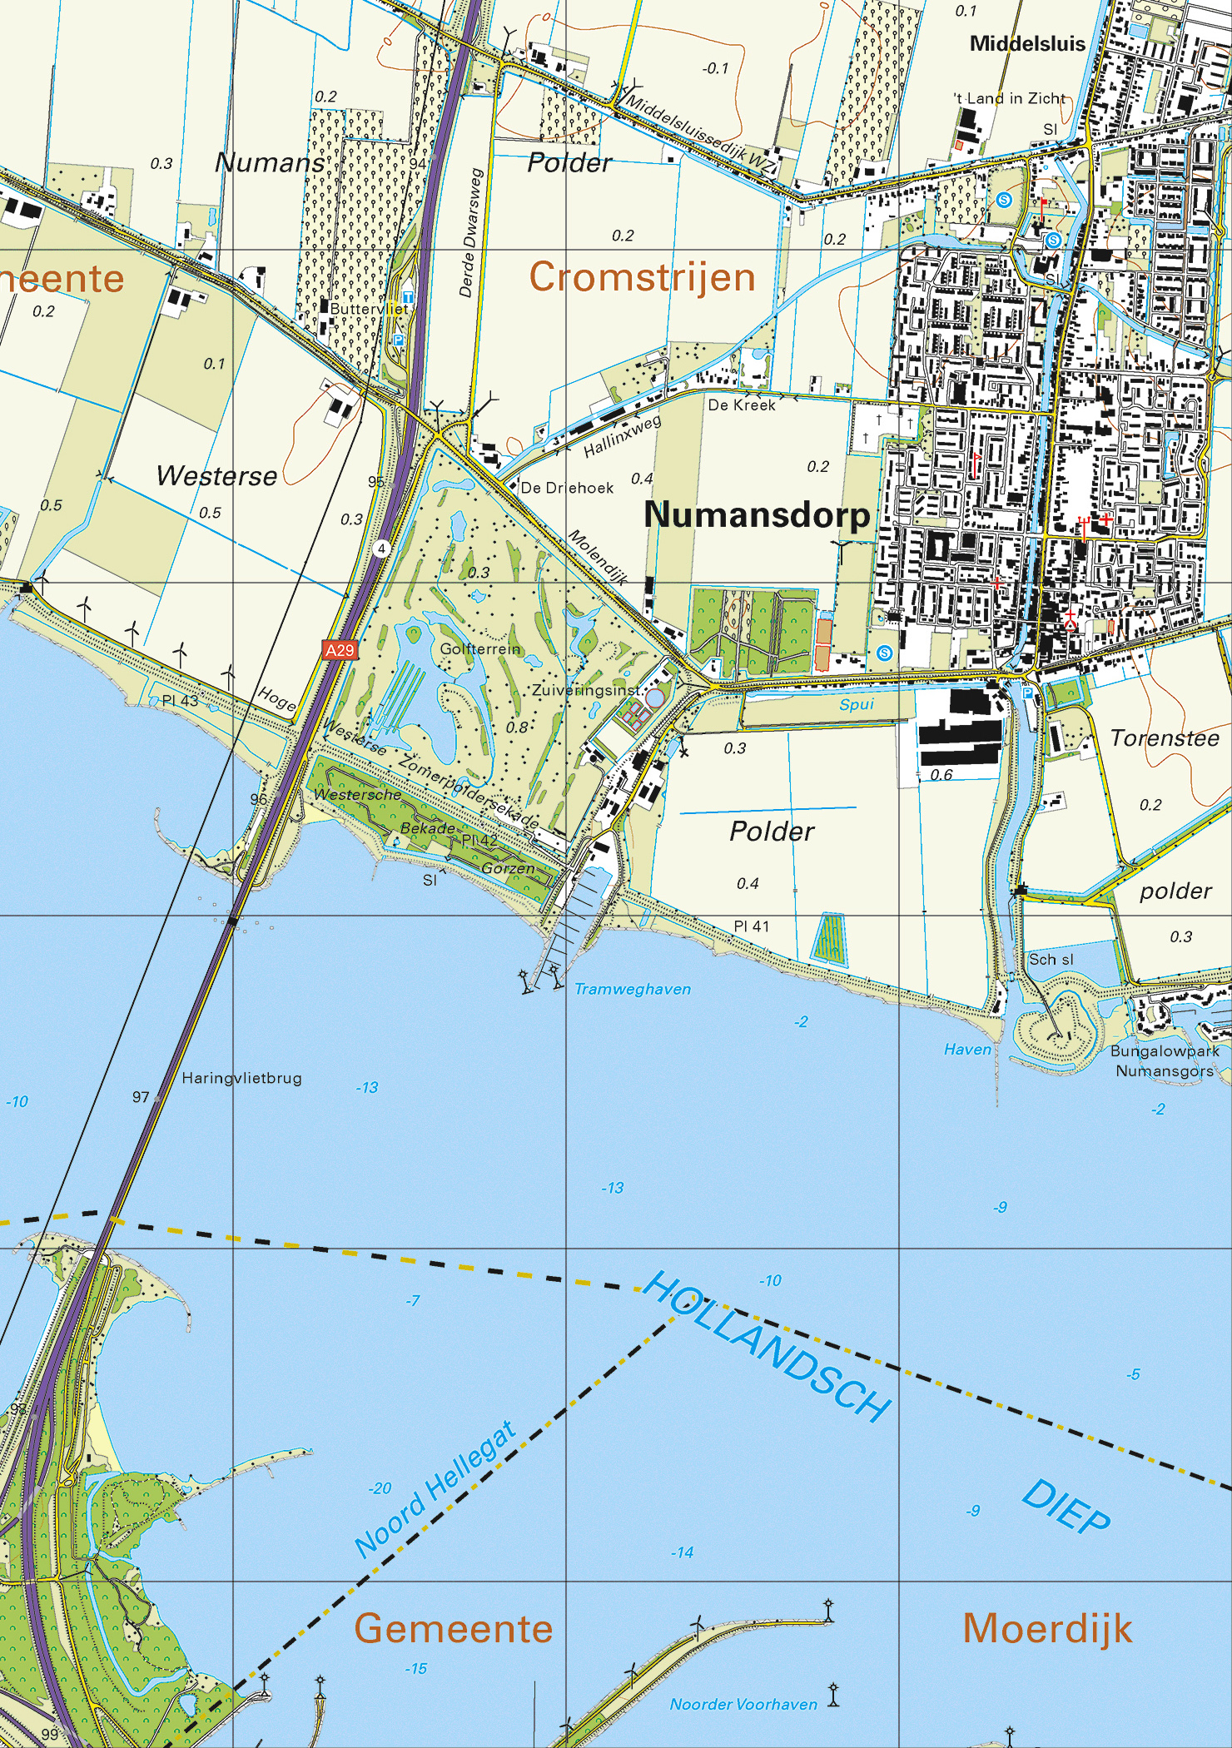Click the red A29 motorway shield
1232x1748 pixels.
coord(339,650)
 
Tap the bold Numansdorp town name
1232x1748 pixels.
coord(757,515)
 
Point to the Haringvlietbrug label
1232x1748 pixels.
coord(241,1078)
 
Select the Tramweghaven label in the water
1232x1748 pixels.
coord(633,989)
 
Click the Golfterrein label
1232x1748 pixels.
coord(480,648)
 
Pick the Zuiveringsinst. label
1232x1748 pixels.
coord(588,691)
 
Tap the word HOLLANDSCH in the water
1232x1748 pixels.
coord(768,1346)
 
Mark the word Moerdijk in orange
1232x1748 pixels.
coord(1047,1629)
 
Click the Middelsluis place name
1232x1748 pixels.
coord(1027,44)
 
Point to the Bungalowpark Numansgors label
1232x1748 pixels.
coord(1165,1060)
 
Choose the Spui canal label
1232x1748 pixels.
coord(856,704)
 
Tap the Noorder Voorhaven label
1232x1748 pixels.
coord(743,1704)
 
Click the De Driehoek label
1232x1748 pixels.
coord(567,488)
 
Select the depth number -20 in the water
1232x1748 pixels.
coord(380,1488)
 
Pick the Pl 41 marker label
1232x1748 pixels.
coord(751,926)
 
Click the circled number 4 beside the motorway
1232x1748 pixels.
coord(381,549)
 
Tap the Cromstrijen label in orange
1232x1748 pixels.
coord(642,277)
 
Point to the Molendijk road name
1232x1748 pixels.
coord(599,557)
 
